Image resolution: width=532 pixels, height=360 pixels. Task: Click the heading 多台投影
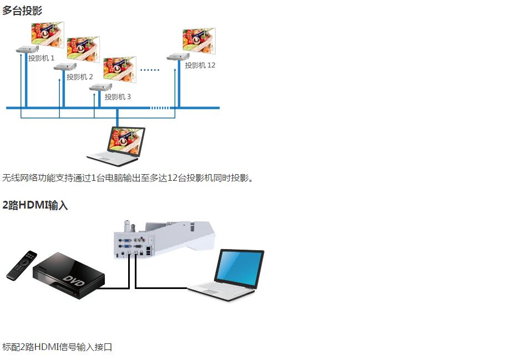[x=22, y=11]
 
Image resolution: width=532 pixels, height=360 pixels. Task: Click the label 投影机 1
[x=42, y=58]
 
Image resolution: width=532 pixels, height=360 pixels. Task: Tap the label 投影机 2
[x=79, y=77]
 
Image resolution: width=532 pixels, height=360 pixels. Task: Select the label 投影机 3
[x=118, y=97]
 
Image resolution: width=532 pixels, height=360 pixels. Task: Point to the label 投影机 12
[x=200, y=65]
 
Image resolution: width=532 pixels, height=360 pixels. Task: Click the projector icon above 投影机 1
[x=27, y=49]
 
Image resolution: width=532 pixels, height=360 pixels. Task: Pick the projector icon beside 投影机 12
[x=178, y=57]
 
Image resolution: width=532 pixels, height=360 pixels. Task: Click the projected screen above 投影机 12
[x=199, y=40]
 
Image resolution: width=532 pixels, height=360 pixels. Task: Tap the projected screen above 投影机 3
[x=120, y=69]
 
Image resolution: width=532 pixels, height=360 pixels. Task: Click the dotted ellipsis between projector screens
[x=150, y=70]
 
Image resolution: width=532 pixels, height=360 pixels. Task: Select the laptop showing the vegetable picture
[x=116, y=146]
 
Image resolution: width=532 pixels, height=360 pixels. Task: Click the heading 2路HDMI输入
[x=35, y=205]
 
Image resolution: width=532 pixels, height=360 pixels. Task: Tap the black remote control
[x=22, y=265]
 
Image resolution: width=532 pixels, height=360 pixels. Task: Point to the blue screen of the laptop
[x=240, y=268]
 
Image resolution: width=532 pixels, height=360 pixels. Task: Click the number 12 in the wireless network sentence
[x=173, y=178]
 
